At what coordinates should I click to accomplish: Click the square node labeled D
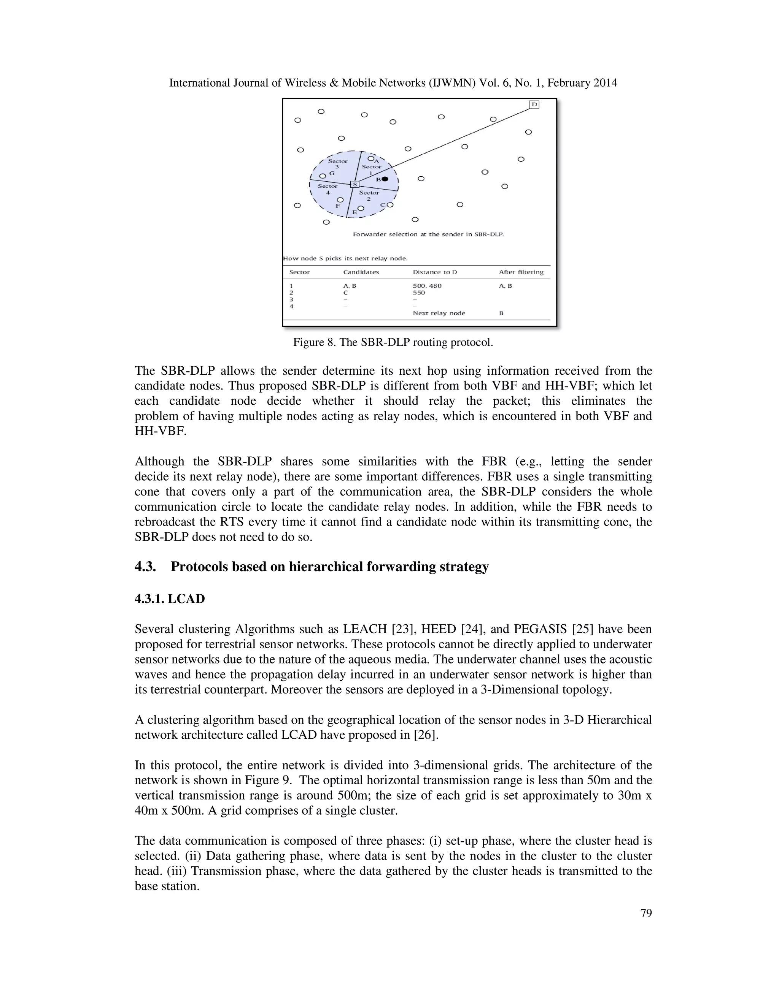click(534, 104)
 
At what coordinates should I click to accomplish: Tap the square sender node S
click(355, 184)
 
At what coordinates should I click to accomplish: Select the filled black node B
click(385, 179)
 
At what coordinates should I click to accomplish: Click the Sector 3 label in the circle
click(337, 164)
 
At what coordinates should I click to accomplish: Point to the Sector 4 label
click(327, 189)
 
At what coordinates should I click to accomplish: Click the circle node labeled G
click(323, 176)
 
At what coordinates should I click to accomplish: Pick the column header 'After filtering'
click(521, 272)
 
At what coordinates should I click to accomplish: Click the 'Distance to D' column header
click(435, 272)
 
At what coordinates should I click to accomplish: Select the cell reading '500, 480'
click(427, 286)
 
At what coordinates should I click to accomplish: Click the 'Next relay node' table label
click(439, 313)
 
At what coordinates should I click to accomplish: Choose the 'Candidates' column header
click(361, 272)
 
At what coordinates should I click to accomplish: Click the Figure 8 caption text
click(393, 343)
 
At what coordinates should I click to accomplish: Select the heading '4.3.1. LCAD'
click(169, 599)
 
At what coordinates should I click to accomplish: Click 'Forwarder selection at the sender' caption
click(428, 234)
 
